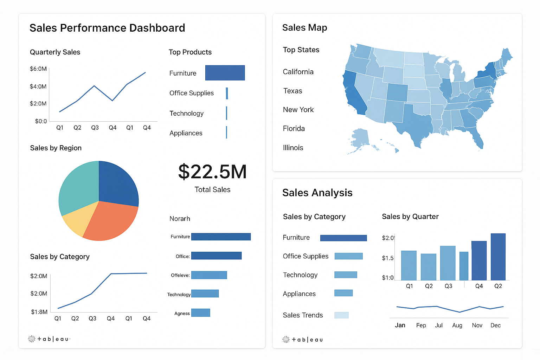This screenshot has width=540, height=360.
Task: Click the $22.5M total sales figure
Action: pyautogui.click(x=212, y=172)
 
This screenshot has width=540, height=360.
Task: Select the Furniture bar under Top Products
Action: pyautogui.click(x=225, y=73)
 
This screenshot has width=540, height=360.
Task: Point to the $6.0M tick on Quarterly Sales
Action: pyautogui.click(x=38, y=69)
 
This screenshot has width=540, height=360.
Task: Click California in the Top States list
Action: pyautogui.click(x=298, y=72)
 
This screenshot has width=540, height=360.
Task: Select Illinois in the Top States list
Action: pyautogui.click(x=293, y=148)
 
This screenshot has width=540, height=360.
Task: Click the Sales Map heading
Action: pyautogui.click(x=304, y=28)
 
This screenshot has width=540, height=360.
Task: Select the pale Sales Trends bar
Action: pyautogui.click(x=341, y=315)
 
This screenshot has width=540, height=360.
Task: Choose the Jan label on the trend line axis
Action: pyautogui.click(x=400, y=325)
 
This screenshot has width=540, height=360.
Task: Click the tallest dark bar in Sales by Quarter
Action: pyautogui.click(x=498, y=257)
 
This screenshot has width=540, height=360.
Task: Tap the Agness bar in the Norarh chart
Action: pyautogui.click(x=200, y=313)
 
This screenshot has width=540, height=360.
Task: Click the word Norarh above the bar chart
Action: pyautogui.click(x=180, y=219)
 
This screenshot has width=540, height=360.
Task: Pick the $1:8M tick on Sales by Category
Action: pyautogui.click(x=39, y=312)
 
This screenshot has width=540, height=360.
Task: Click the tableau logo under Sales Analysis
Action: pyautogui.click(x=303, y=340)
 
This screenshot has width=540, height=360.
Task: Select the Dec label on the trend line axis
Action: pyautogui.click(x=495, y=325)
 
